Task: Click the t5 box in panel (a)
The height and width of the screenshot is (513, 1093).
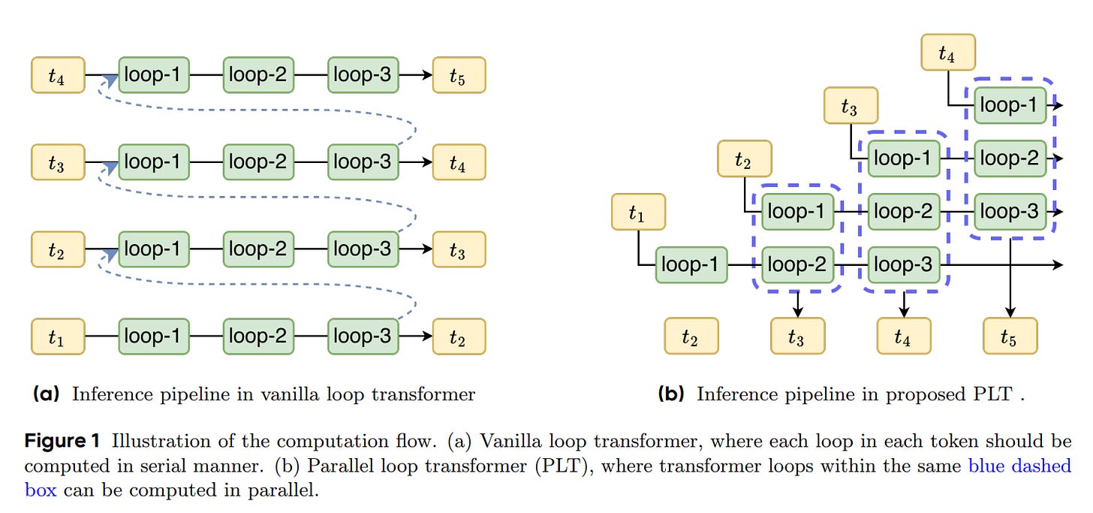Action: [x=458, y=76]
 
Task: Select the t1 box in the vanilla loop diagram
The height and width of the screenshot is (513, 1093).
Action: [x=57, y=336]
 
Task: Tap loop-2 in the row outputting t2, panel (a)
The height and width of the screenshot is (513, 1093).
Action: [x=257, y=336]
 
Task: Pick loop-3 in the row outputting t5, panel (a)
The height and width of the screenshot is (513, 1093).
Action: [x=363, y=76]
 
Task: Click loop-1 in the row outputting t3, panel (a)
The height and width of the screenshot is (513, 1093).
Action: [x=153, y=249]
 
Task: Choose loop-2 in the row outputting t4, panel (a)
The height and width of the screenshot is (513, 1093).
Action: [x=257, y=162]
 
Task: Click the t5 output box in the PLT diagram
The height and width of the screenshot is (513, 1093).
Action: [x=1010, y=336]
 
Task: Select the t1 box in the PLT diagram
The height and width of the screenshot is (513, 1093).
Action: [x=638, y=212]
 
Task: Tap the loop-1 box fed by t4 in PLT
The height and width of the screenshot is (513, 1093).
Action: [x=1010, y=105]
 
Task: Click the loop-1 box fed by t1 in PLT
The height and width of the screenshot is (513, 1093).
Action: [x=691, y=265]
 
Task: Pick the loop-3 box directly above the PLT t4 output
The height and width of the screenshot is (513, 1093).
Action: [x=904, y=265]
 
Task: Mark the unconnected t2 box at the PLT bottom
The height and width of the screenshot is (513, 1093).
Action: [x=691, y=336]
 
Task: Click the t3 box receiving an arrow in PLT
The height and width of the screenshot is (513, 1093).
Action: [x=797, y=336]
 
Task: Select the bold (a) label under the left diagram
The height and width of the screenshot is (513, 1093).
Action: [x=47, y=394]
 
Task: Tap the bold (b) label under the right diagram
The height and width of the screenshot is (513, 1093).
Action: [x=671, y=394]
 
